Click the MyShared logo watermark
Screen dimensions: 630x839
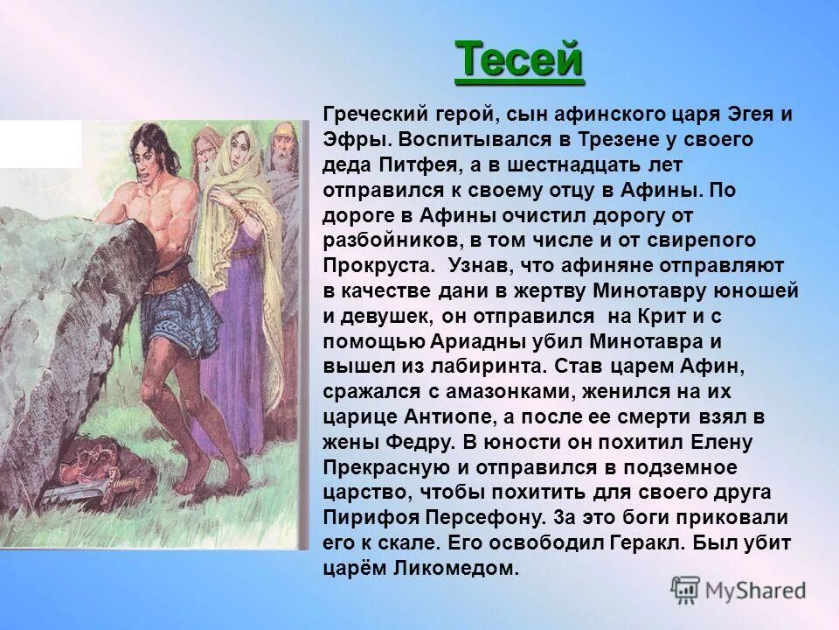739,589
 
